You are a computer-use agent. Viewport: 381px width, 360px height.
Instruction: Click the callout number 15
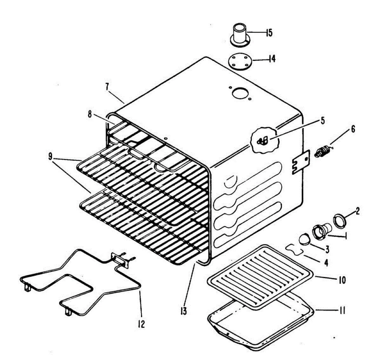coord(269,33)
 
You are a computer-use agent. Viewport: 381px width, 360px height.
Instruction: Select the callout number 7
coord(107,86)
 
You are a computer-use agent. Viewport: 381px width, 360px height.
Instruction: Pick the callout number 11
coord(341,311)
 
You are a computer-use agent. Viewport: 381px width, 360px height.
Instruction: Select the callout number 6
coord(352,129)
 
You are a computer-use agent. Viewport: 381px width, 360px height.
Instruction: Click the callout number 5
coord(323,121)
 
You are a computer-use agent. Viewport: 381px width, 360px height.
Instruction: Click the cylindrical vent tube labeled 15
coord(240,34)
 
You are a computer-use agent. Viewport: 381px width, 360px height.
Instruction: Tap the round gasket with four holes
coord(239,61)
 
